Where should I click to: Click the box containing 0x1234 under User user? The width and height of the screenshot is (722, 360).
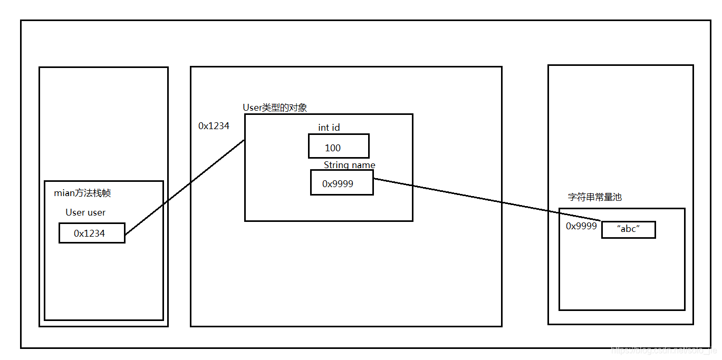click(x=92, y=233)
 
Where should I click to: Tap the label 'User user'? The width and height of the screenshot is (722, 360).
click(x=85, y=212)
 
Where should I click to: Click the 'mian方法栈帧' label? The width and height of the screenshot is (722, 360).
click(x=82, y=193)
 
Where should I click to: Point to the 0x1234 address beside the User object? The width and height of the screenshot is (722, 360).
click(x=214, y=126)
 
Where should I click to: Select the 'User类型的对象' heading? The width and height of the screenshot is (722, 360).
click(x=275, y=108)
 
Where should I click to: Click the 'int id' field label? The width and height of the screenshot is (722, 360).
click(x=329, y=128)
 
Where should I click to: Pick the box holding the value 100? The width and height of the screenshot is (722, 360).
click(x=339, y=146)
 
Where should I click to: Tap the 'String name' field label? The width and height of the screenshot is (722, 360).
click(x=349, y=165)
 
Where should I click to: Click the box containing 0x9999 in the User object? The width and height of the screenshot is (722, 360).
click(x=342, y=183)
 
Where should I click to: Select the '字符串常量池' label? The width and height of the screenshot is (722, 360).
click(x=594, y=197)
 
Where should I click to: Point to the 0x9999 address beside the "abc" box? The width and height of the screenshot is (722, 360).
click(x=581, y=226)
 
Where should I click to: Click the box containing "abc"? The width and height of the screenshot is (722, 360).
click(x=628, y=230)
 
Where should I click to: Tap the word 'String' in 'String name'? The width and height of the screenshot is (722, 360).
click(x=336, y=165)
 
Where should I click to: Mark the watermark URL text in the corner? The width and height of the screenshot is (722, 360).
click(x=662, y=350)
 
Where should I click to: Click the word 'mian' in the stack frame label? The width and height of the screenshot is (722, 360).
click(x=63, y=193)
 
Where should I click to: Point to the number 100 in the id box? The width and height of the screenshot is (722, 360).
click(x=333, y=148)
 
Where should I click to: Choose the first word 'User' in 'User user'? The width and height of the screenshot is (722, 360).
click(x=74, y=212)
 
